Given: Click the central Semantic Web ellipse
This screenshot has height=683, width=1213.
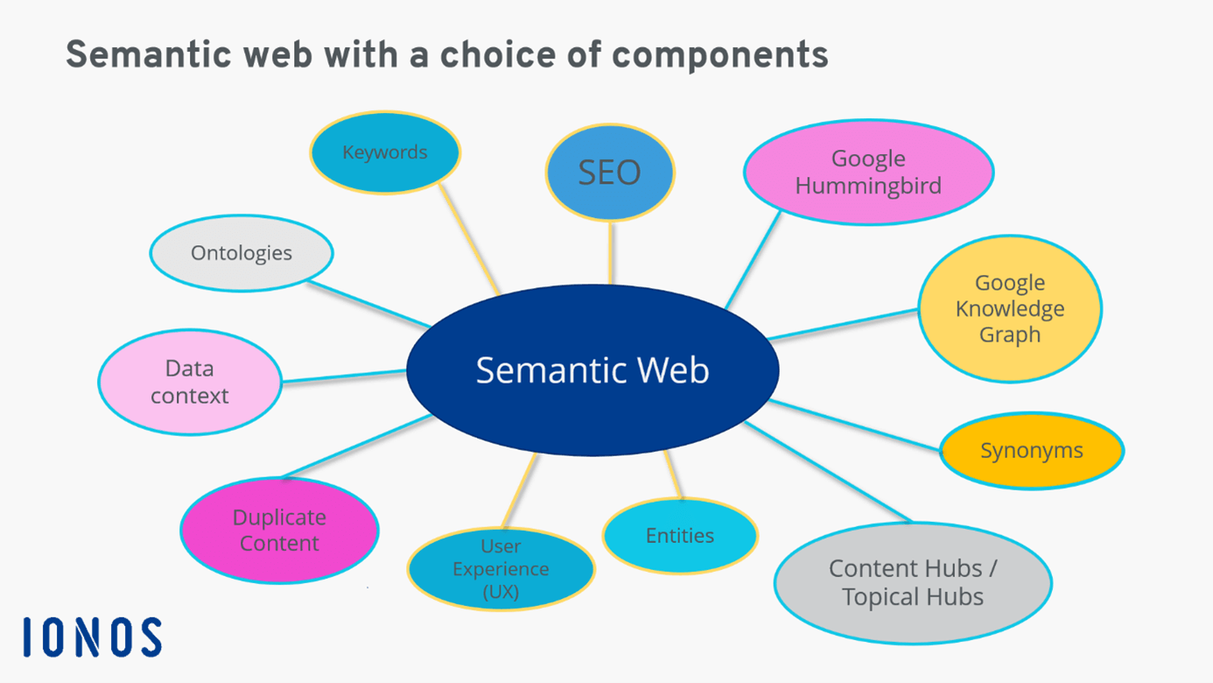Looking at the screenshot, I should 592,370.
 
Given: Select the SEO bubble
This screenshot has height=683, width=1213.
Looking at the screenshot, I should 609,173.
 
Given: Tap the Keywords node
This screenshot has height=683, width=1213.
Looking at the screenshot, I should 385,152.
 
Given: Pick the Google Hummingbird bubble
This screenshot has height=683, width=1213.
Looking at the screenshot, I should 868,173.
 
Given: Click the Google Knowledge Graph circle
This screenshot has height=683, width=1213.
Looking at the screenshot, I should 1009,308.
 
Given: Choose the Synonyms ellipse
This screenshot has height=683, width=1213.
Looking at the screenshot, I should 1031,451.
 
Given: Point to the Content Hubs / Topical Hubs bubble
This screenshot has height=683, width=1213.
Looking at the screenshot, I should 913,582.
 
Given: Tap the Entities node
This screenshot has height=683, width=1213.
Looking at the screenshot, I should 680,536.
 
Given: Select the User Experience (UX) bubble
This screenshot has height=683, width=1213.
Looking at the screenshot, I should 501,569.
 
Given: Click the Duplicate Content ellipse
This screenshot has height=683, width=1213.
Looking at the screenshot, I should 279,531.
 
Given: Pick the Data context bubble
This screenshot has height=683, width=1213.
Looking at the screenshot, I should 189,382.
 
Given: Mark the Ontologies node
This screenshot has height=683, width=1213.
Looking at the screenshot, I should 242,253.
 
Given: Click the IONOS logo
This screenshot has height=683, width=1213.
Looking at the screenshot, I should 93,637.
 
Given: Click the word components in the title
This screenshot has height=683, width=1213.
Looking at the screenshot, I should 719,55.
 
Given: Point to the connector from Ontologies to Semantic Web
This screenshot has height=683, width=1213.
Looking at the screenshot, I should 368,304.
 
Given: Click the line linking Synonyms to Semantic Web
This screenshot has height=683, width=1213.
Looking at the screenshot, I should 853,426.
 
